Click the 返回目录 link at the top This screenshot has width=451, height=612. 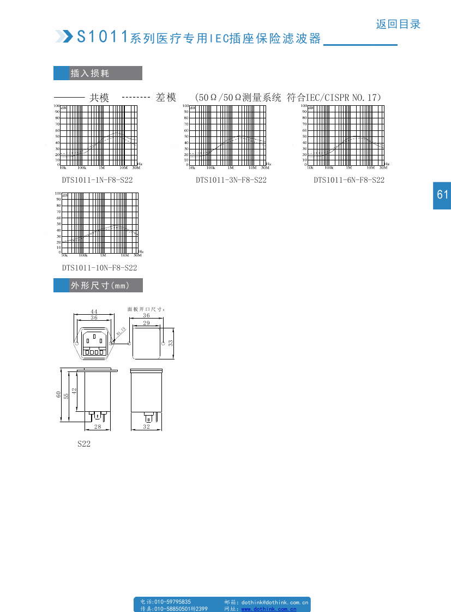point(398,24)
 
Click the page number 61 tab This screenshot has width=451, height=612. point(442,195)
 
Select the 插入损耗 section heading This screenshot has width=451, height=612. point(90,73)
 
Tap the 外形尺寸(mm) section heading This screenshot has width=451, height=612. point(99,285)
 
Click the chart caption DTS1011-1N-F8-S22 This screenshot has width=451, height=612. point(97,179)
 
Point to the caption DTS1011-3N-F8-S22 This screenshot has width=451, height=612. point(231,179)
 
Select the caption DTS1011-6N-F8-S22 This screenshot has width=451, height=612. point(349,179)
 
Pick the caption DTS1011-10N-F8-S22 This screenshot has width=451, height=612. point(99,267)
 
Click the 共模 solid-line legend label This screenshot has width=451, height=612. point(99,98)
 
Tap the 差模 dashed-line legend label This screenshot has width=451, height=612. point(166,98)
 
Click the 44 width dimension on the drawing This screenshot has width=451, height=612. point(94,311)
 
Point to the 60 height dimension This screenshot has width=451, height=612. point(58,394)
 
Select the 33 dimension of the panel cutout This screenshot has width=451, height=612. point(170,343)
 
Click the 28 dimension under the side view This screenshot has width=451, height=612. point(98,427)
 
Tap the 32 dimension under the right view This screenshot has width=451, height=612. point(146,427)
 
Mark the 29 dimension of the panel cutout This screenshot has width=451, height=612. point(146,323)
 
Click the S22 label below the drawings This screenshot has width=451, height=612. point(83,444)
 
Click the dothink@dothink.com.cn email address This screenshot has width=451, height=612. point(275,602)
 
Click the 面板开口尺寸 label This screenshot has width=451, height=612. point(146,309)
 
